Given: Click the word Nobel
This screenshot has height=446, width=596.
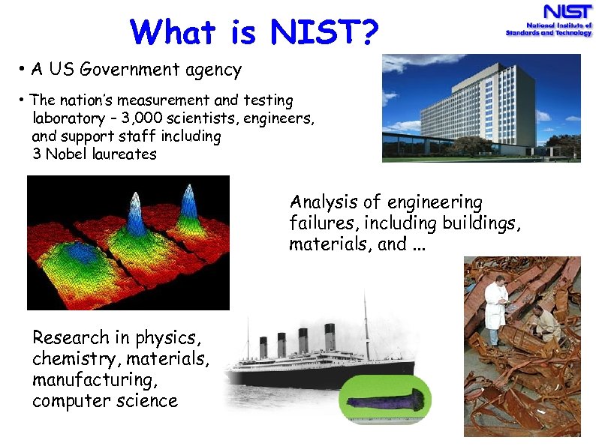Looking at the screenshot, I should click(71, 154).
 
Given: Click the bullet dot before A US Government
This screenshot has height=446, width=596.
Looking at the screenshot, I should click(24, 71).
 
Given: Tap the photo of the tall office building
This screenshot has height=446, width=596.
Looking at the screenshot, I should click(480, 108).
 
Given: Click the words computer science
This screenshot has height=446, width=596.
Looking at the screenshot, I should click(105, 401).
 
